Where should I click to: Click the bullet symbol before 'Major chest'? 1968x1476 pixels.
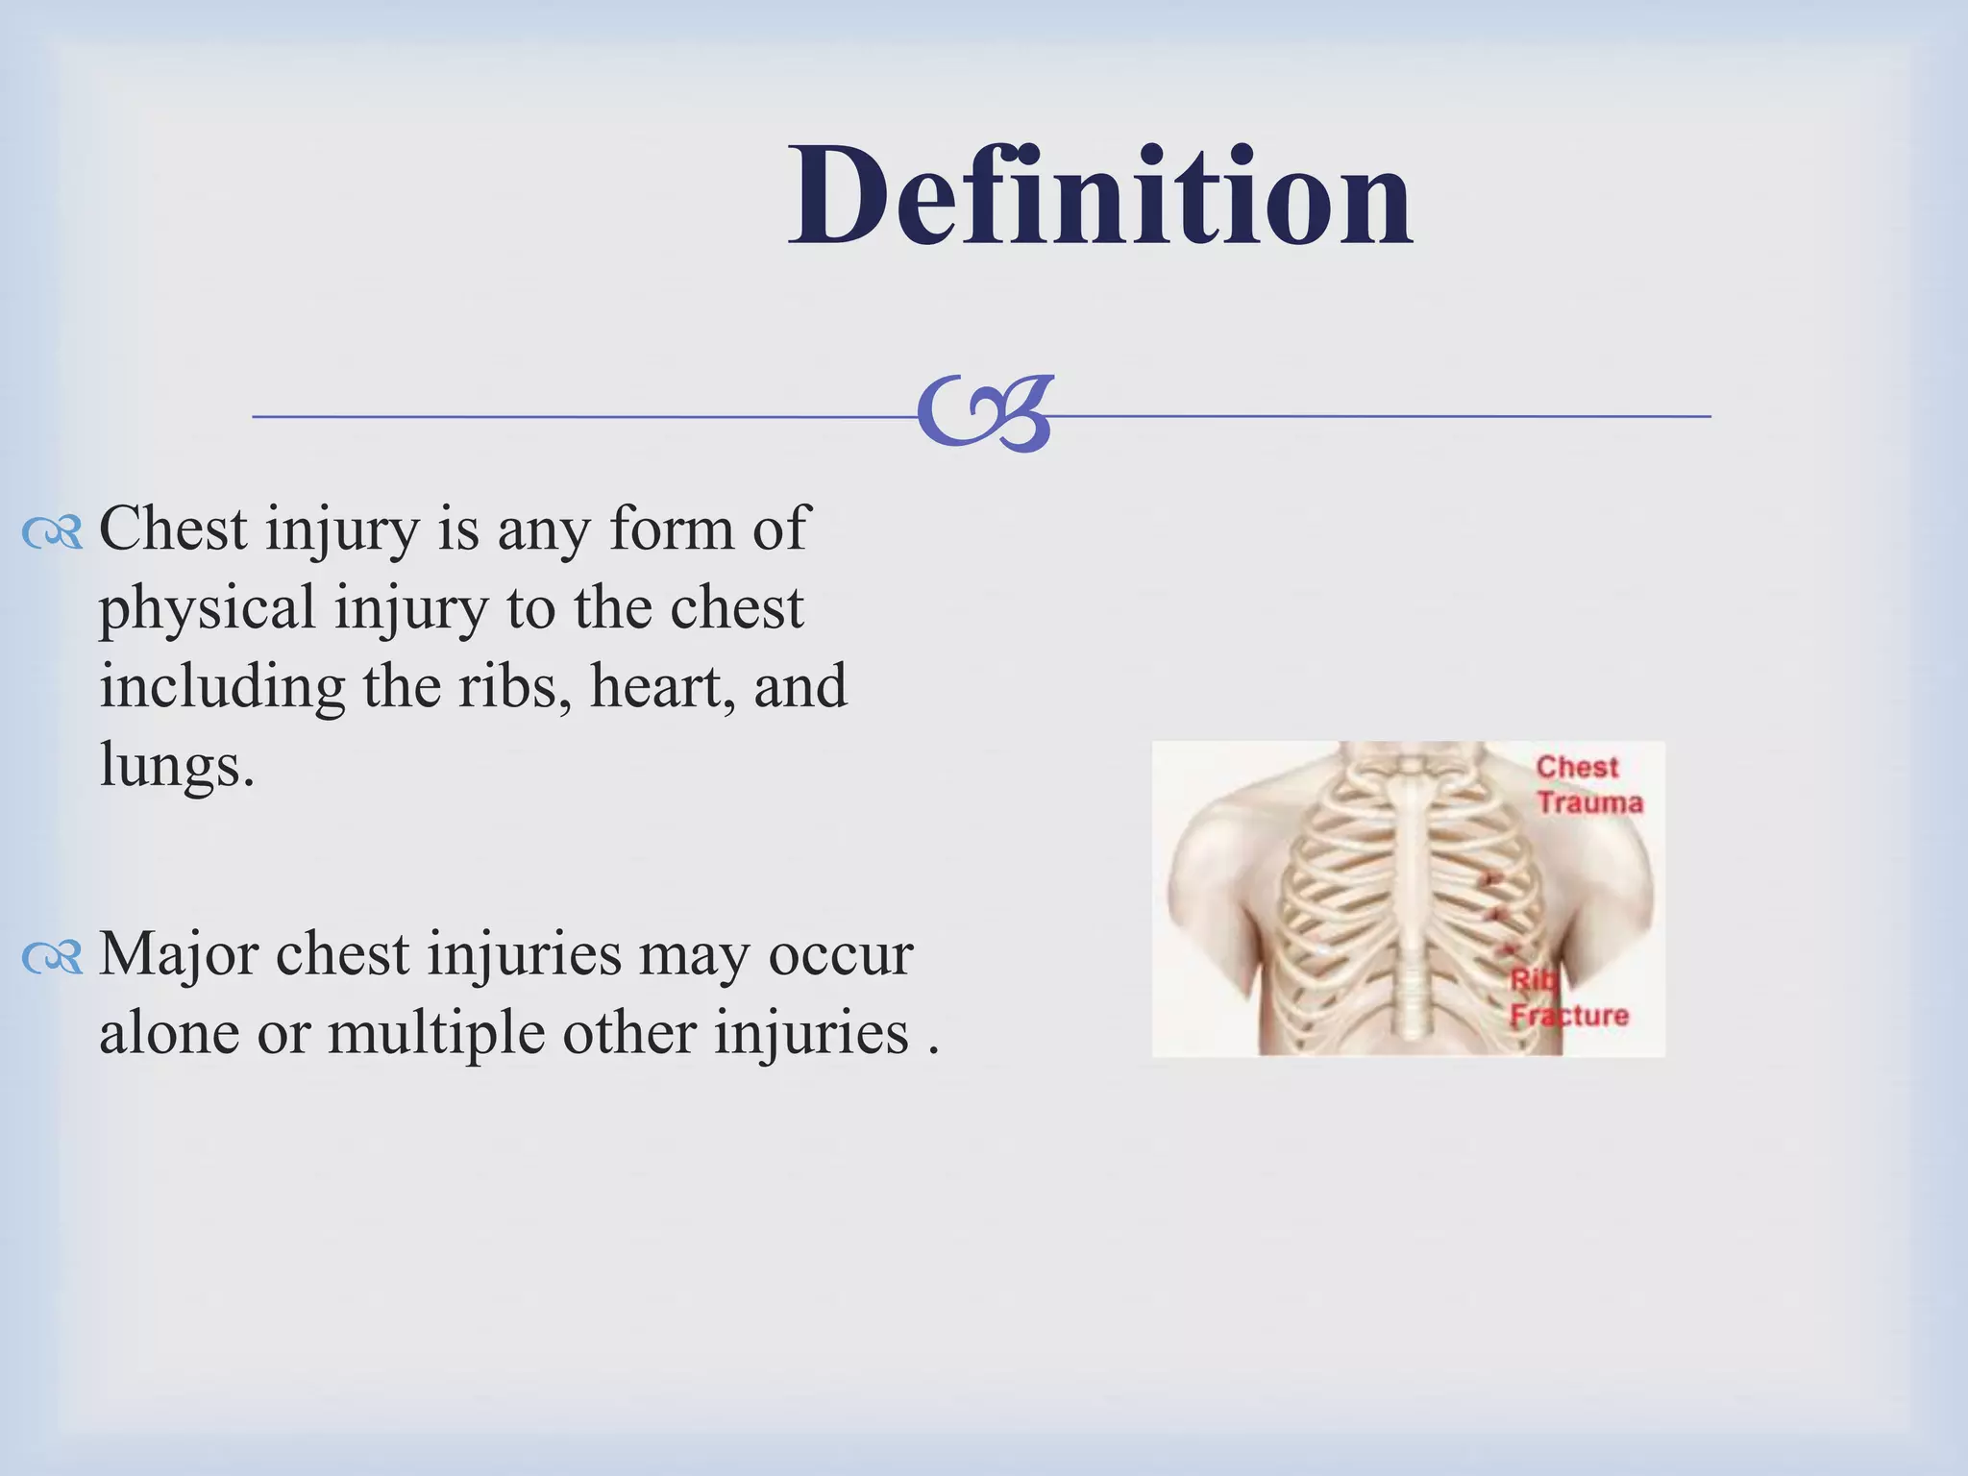coord(53,958)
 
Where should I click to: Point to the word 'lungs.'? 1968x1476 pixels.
coord(178,766)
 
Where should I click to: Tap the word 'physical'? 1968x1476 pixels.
coord(208,609)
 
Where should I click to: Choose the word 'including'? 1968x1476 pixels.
coord(222,686)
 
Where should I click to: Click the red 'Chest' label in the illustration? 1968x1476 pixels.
coord(1577,767)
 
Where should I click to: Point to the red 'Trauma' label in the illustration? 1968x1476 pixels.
coord(1589,802)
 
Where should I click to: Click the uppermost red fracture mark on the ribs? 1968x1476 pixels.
coord(1492,877)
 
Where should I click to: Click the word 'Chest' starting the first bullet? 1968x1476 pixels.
coord(173,529)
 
